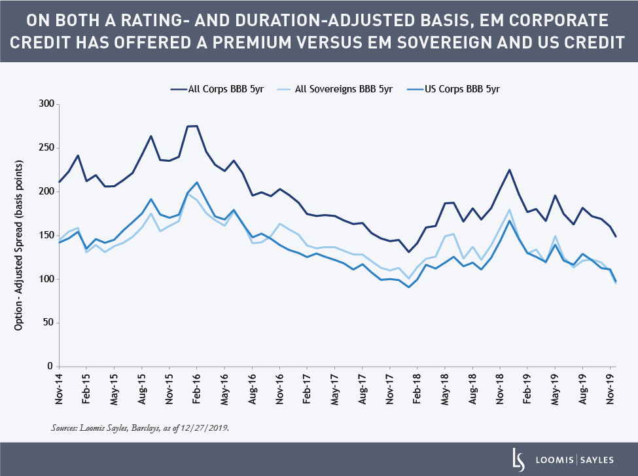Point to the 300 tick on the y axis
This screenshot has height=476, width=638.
[x=46, y=104]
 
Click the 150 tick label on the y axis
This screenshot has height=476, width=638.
[x=46, y=235]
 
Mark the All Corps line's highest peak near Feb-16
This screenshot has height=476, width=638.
[x=197, y=126]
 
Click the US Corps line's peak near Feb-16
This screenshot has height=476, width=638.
[x=197, y=182]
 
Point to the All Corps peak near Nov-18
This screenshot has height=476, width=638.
[x=509, y=170]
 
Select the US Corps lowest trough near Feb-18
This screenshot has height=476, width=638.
[x=408, y=287]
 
